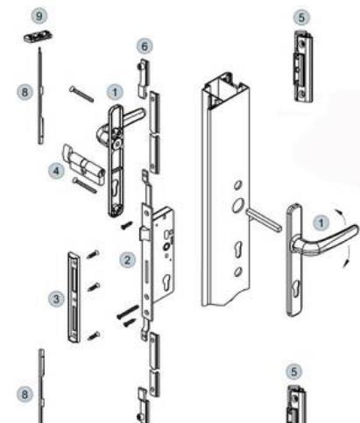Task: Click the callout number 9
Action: click(x=39, y=16)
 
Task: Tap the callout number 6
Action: click(x=145, y=46)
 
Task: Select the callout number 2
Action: click(x=127, y=260)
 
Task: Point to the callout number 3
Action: click(x=56, y=299)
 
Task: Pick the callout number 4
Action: click(x=56, y=171)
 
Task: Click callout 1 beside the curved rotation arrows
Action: click(x=321, y=223)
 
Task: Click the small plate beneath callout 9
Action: click(x=38, y=37)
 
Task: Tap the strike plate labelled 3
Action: click(x=74, y=297)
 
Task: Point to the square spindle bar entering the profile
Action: click(x=264, y=220)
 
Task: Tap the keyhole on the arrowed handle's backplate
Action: click(x=296, y=286)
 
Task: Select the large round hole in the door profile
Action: click(x=237, y=205)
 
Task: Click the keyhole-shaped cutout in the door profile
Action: click(x=238, y=249)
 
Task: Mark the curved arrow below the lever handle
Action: click(x=346, y=256)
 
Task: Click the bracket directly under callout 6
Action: click(x=143, y=78)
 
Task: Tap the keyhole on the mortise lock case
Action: click(x=166, y=282)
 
